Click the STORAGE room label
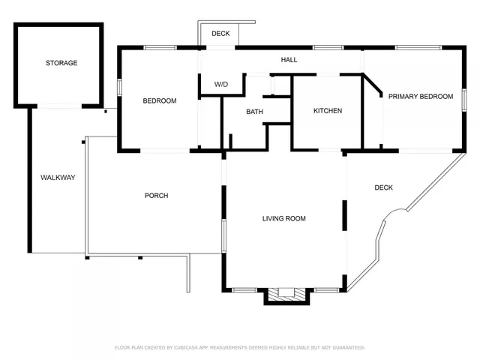tap(61, 63)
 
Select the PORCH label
tap(156, 196)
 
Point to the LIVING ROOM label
tap(283, 219)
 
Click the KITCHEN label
tap(327, 111)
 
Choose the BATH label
tap(254, 112)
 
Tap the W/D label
tap(221, 84)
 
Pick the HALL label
tap(289, 59)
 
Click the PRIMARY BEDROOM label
tap(420, 97)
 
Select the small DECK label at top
tap(220, 34)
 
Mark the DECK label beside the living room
tap(383, 187)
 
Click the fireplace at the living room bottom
tap(286, 294)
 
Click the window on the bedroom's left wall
tap(119, 86)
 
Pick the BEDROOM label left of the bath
tap(160, 100)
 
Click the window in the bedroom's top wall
tap(160, 48)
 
